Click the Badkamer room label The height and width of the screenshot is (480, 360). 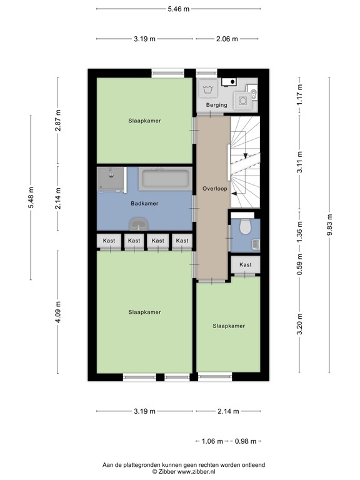(144, 204)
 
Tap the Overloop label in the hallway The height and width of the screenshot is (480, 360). (214, 188)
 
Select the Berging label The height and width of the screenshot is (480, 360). (216, 105)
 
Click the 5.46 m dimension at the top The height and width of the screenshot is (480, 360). (178, 9)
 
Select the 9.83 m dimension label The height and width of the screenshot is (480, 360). (329, 222)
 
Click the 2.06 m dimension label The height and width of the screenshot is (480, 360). (227, 39)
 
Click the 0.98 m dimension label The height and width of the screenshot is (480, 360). (244, 441)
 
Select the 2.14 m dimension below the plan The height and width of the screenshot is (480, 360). (227, 411)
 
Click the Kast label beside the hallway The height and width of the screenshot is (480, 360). (246, 265)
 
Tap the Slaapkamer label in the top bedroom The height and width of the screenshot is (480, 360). (144, 121)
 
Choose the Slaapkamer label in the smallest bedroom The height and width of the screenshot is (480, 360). (228, 326)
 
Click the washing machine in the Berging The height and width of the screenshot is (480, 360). (207, 90)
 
